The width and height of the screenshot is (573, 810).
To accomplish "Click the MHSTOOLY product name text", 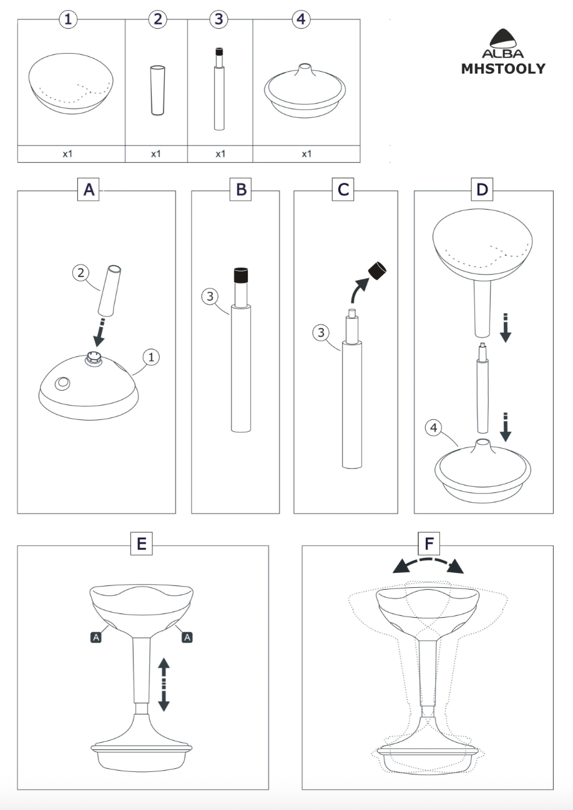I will point(502,69).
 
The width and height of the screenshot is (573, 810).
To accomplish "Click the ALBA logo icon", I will point(502,39).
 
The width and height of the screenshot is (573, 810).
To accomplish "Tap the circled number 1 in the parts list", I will point(68,19).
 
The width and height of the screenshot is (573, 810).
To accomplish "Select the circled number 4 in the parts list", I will point(300,19).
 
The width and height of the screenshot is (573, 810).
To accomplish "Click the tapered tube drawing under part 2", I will point(157,90).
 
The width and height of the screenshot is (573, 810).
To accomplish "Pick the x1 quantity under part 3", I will point(220,154).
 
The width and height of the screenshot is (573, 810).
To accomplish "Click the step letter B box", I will point(240,190).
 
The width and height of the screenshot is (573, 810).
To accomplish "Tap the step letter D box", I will point(482,190).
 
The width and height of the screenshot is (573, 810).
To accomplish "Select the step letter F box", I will point(428,544).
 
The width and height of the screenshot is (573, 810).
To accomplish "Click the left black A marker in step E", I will point(95,637).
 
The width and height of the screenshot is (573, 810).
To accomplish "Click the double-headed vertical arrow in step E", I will point(164,685).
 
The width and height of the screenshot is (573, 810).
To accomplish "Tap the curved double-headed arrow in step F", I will point(428,564).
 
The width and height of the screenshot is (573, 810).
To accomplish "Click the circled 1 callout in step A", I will point(151,357).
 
